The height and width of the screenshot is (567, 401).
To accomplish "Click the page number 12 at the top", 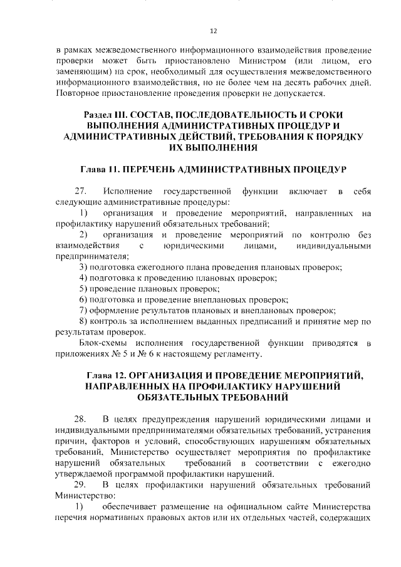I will click(x=213, y=30).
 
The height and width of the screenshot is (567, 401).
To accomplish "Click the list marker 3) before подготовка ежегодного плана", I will click(x=83, y=267).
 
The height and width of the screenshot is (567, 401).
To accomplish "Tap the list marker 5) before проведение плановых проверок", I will click(x=83, y=289).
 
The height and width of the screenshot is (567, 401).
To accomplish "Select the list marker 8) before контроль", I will click(x=83, y=322).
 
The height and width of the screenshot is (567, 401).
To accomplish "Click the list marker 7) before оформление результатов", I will click(x=83, y=311).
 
